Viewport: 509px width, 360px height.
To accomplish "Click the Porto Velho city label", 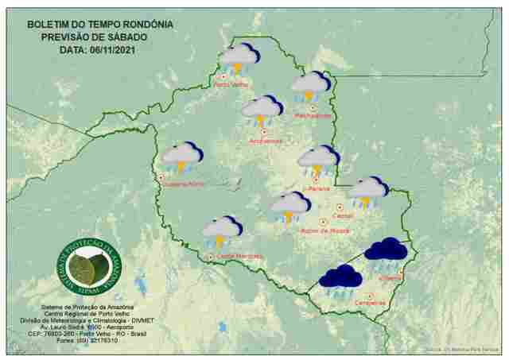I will pyautogui.click(x=231, y=85).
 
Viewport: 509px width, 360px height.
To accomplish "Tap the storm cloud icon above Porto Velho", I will pyautogui.click(x=239, y=58).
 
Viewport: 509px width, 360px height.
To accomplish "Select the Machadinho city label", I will pyautogui.click(x=313, y=116).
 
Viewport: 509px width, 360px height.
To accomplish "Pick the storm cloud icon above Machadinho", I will pyautogui.click(x=310, y=86).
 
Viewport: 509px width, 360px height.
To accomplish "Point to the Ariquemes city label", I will pyautogui.click(x=265, y=141).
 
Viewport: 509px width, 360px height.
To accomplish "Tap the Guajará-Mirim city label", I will pyautogui.click(x=184, y=184).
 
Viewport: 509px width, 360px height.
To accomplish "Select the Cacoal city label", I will pyautogui.click(x=344, y=215).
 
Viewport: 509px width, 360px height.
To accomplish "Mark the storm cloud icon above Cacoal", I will pyautogui.click(x=367, y=191).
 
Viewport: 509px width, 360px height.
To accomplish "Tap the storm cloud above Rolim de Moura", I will pyautogui.click(x=290, y=206).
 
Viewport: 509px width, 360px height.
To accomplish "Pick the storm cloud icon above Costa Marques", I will pyautogui.click(x=222, y=230).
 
